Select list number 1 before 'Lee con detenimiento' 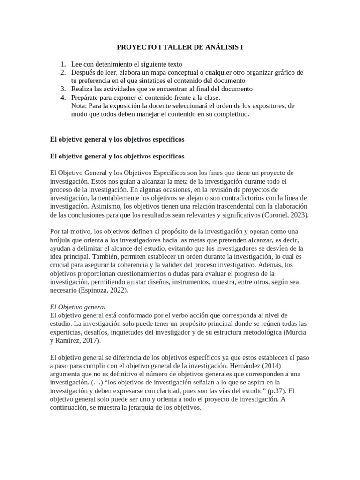click(63, 64)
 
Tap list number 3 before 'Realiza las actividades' click(63, 89)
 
